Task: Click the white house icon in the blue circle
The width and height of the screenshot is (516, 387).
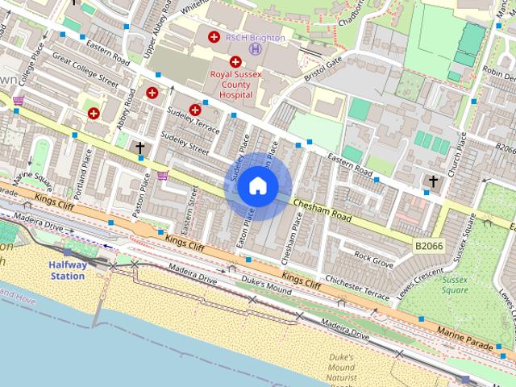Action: coord(258,186)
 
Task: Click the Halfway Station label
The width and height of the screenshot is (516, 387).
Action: coord(66,270)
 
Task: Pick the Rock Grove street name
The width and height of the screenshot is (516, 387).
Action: coord(374,260)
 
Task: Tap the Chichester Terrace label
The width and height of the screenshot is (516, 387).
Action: coord(358,289)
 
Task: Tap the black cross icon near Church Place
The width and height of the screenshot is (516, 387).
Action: coord(433,181)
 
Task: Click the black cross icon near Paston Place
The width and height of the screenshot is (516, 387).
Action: coord(140,148)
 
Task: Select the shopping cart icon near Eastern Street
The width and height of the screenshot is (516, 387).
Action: coord(163,175)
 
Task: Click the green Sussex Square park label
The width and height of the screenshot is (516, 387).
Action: coord(455,285)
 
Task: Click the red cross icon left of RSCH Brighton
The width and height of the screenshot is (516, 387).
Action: coord(214,37)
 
